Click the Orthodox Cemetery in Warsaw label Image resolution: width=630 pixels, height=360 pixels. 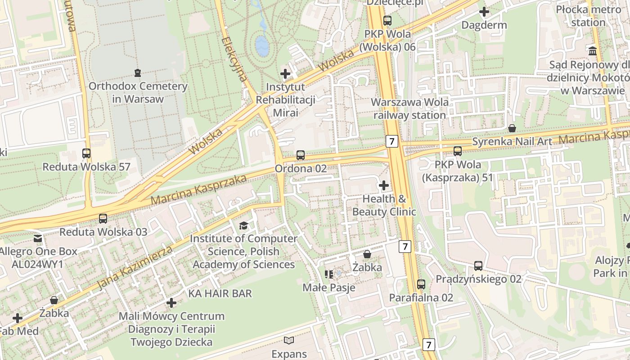tap(138, 92)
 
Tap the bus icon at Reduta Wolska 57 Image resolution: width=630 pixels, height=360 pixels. tap(86, 153)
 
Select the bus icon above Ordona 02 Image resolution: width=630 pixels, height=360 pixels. tap(301, 155)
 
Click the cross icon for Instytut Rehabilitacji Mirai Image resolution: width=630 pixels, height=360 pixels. tap(285, 73)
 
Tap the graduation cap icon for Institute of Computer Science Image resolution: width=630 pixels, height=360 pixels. tap(243, 225)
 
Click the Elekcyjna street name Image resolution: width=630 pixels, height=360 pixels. tap(234, 59)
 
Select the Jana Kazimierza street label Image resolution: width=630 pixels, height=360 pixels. tap(135, 268)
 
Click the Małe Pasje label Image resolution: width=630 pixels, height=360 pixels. tap(329, 288)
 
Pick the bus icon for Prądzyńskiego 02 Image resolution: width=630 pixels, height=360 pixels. tap(478, 266)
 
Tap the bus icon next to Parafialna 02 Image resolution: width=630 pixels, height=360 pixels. tap(421, 284)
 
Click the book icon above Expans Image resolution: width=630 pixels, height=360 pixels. tap(289, 341)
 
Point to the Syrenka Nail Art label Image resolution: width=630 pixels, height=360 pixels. tap(512, 142)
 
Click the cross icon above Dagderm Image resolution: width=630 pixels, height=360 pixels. tap(484, 12)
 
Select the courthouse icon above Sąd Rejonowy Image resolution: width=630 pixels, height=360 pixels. tap(593, 51)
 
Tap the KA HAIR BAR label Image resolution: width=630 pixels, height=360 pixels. tap(220, 293)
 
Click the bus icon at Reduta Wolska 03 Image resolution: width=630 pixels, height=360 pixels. tap(103, 219)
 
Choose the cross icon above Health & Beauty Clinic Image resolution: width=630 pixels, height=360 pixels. tap(384, 185)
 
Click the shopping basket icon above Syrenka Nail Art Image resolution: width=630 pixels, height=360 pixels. tap(512, 128)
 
